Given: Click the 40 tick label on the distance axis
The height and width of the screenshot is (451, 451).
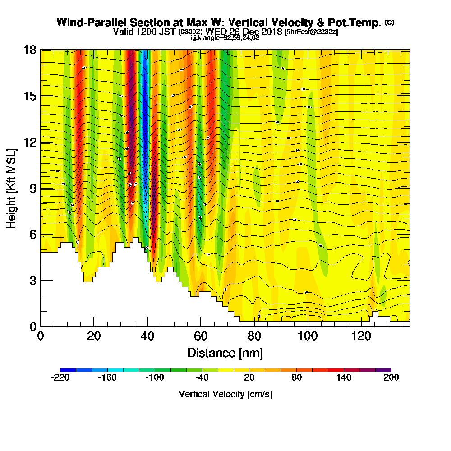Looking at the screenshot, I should [147, 336].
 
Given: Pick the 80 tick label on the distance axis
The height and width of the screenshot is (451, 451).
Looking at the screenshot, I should [254, 336].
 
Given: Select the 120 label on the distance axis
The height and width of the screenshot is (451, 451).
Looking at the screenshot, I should [361, 336].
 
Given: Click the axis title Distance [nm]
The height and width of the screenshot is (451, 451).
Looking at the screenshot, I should [225, 352].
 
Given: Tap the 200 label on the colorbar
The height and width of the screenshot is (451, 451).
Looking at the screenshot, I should [391, 377].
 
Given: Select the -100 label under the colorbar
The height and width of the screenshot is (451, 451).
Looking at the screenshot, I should [154, 377].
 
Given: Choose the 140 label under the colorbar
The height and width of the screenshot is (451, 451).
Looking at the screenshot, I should [344, 377].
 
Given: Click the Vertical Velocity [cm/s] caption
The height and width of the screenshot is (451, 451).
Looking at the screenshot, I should [225, 394].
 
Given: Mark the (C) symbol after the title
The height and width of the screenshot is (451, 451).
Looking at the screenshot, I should [389, 23].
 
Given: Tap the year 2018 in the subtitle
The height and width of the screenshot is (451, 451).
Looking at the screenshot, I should [271, 32].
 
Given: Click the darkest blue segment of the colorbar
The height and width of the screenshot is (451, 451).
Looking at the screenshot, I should [68, 370].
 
